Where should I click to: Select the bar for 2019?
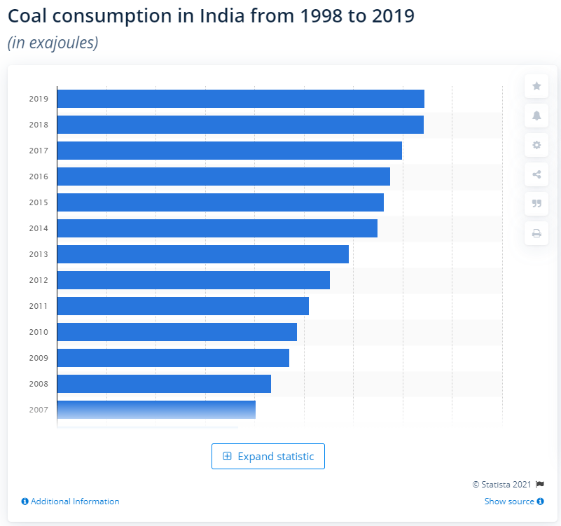click(x=240, y=99)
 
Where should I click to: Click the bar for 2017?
click(x=229, y=151)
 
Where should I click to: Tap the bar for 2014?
click(x=217, y=228)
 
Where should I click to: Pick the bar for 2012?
click(x=193, y=280)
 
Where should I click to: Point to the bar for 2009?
click(x=173, y=358)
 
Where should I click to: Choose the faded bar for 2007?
click(x=156, y=410)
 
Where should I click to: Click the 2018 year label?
click(x=39, y=125)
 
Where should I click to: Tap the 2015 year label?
click(x=39, y=202)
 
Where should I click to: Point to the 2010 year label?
click(x=39, y=332)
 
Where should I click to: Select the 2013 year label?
click(x=39, y=254)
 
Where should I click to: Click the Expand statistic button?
click(x=268, y=457)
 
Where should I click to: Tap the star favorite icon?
click(x=536, y=86)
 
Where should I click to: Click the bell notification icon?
click(x=536, y=116)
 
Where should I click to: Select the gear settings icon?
click(x=536, y=145)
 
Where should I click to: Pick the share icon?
click(x=536, y=174)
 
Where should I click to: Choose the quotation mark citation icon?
click(x=536, y=204)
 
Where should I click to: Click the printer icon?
click(x=536, y=233)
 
